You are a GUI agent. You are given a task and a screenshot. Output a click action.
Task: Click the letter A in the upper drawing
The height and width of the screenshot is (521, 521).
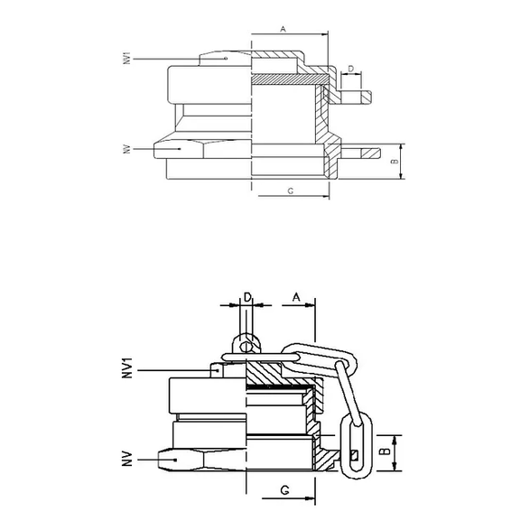tap(283, 29)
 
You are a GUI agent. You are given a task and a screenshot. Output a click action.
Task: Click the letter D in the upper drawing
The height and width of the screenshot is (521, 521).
tap(350, 70)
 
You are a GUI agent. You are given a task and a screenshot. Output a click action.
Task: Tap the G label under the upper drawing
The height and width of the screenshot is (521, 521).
tap(289, 191)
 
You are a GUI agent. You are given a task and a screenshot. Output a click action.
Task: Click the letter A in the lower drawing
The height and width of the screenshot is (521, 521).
tap(295, 296)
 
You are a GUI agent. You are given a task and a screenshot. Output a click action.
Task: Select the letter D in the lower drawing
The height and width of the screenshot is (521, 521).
tap(247, 296)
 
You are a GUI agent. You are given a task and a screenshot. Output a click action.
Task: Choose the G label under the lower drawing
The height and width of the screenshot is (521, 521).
tap(284, 492)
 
